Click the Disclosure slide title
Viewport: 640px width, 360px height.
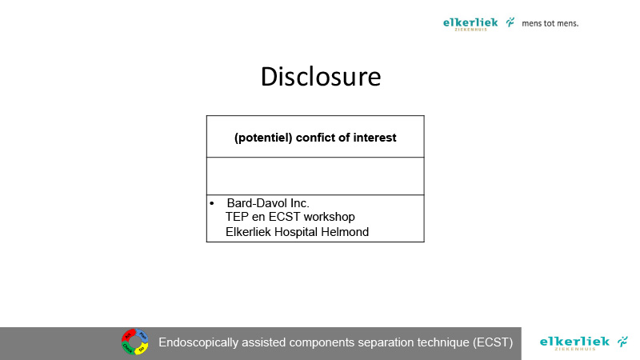coord(321,76)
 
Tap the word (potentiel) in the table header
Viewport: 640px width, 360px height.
coord(263,138)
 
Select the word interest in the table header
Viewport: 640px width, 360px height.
coord(374,138)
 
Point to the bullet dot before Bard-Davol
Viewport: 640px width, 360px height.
coord(212,203)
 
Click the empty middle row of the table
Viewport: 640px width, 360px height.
coord(315,176)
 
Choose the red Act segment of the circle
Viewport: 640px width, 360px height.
coord(128,335)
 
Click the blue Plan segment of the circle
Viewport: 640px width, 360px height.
coord(142,335)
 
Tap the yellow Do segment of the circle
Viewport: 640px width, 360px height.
coord(142,348)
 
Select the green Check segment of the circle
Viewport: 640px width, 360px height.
coord(128,348)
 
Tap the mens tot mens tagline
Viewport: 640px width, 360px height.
coord(550,23)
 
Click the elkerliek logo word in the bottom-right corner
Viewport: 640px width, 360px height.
coord(574,342)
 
